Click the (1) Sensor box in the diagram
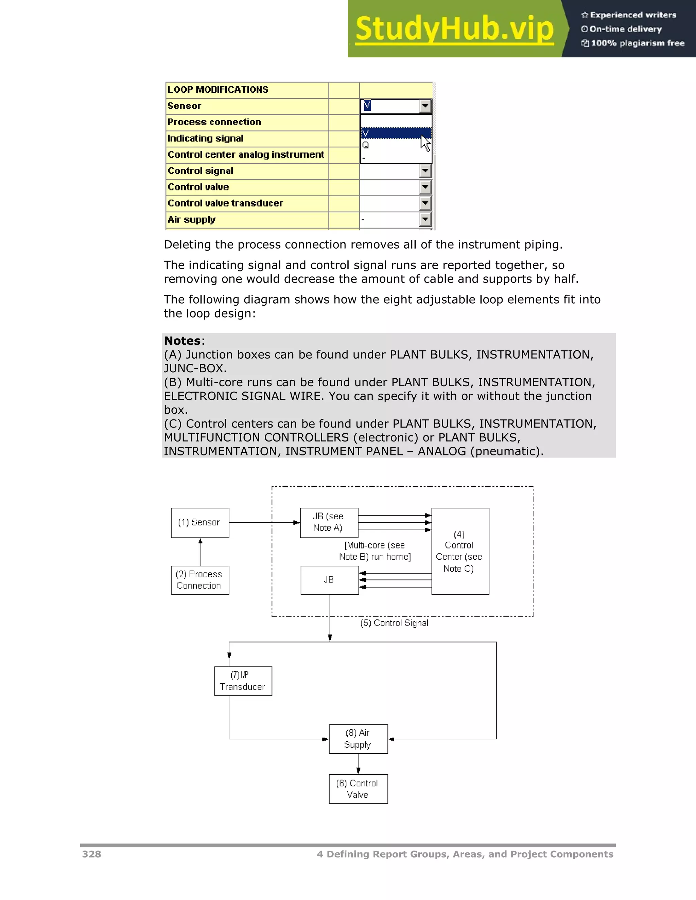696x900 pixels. tap(200, 523)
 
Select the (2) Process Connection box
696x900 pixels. tap(200, 580)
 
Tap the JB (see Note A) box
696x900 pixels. tap(329, 523)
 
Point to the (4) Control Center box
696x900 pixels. tap(460, 551)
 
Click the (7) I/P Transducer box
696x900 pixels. tap(243, 681)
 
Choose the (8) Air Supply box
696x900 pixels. tap(358, 739)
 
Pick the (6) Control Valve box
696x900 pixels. tap(358, 789)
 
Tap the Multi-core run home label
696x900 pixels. tap(375, 551)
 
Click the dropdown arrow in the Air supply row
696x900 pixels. tap(425, 219)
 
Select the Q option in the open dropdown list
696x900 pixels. tap(366, 145)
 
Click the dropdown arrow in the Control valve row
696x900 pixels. tap(425, 187)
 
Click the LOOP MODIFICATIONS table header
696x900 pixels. tap(218, 90)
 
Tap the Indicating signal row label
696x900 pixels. tap(205, 139)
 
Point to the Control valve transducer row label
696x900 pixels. tap(225, 203)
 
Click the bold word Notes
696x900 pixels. tap(182, 341)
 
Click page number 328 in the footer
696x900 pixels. tap(91, 854)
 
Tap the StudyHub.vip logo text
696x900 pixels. tap(454, 29)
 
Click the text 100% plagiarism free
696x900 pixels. tap(637, 43)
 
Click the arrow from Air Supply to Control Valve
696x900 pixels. tap(358, 764)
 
